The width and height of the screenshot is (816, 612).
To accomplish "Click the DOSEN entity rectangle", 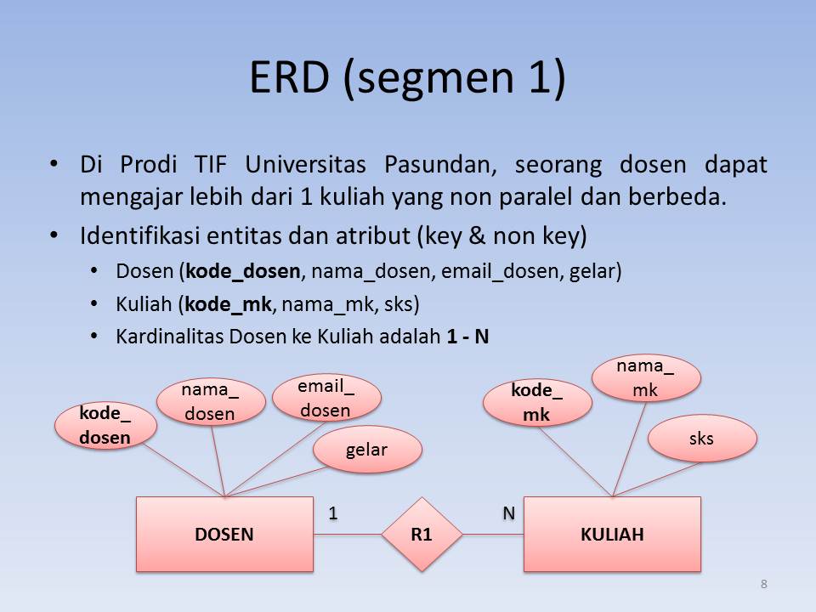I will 224,534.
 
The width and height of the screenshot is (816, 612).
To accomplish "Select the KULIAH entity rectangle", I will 612,534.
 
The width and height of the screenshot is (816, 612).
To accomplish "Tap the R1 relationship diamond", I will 421,534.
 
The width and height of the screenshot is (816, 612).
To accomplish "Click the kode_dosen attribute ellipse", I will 105,426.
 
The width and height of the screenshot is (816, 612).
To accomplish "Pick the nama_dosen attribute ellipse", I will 210,401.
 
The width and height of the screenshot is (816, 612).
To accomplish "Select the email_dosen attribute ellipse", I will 326,398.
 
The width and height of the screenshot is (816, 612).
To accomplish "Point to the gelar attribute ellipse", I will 367,450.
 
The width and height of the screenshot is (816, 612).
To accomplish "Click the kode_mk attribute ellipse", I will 536,403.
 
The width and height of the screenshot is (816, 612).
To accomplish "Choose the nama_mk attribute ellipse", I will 645,377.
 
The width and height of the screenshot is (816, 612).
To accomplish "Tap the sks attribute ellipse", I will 702,439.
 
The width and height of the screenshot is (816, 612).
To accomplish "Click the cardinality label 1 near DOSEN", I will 333,513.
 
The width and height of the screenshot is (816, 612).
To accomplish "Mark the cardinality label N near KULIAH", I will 508,513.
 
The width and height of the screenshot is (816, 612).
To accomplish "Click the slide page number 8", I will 763,584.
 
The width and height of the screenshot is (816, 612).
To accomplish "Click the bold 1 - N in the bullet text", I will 467,336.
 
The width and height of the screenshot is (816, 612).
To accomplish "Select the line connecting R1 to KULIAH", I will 493,534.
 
